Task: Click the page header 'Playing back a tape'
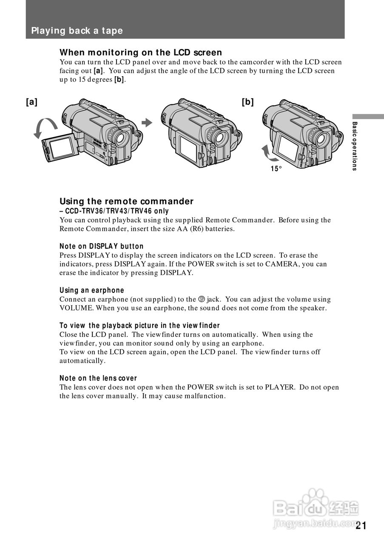click(77, 31)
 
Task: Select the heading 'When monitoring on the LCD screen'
click(140, 52)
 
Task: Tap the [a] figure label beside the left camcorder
click(31, 102)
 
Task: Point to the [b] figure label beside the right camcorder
click(247, 102)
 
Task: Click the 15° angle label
click(276, 169)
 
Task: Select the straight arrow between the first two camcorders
click(147, 123)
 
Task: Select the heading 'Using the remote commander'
click(126, 201)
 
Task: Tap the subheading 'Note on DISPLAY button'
click(101, 246)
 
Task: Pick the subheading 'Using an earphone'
click(91, 290)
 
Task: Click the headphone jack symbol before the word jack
click(202, 299)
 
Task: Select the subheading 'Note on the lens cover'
click(98, 378)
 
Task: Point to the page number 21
click(361, 525)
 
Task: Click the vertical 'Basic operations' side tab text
click(355, 146)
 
